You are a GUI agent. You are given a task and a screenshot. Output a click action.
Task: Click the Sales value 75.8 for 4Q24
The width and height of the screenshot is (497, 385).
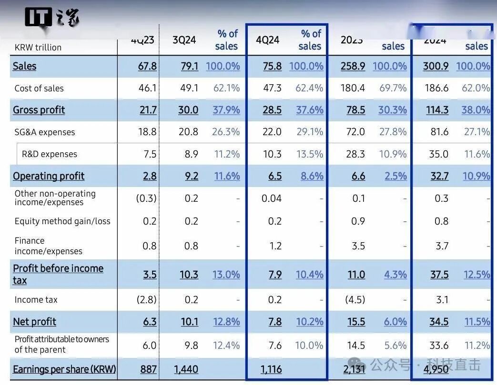(272, 66)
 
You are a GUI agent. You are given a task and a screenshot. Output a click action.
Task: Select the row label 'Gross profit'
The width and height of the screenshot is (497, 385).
(39, 110)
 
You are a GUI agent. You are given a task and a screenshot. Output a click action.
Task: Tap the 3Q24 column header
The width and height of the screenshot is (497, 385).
(184, 40)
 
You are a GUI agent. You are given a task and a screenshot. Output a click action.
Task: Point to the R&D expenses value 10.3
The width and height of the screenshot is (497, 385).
(272, 154)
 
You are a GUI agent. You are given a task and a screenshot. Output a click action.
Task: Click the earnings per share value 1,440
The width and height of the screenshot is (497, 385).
(185, 369)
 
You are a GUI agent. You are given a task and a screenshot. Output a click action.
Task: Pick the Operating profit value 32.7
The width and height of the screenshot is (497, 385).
(439, 176)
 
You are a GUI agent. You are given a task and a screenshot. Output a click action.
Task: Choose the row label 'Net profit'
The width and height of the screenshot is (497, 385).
(34, 322)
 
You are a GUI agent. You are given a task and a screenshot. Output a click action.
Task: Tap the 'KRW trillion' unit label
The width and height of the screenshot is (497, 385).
(38, 47)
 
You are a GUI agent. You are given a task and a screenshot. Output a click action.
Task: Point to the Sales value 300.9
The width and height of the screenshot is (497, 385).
(436, 66)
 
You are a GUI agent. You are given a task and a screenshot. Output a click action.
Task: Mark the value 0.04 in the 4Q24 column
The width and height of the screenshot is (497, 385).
(271, 198)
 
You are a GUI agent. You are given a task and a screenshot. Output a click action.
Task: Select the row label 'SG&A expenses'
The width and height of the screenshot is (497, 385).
(45, 132)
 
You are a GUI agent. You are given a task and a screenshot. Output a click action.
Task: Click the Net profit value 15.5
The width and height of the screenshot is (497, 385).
(356, 322)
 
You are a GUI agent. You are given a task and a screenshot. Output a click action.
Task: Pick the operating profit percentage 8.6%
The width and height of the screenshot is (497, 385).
(312, 176)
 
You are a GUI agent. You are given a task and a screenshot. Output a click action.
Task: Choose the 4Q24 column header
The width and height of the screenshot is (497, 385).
(267, 40)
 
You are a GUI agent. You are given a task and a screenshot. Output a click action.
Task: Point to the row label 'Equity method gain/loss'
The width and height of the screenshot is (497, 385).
(62, 221)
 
